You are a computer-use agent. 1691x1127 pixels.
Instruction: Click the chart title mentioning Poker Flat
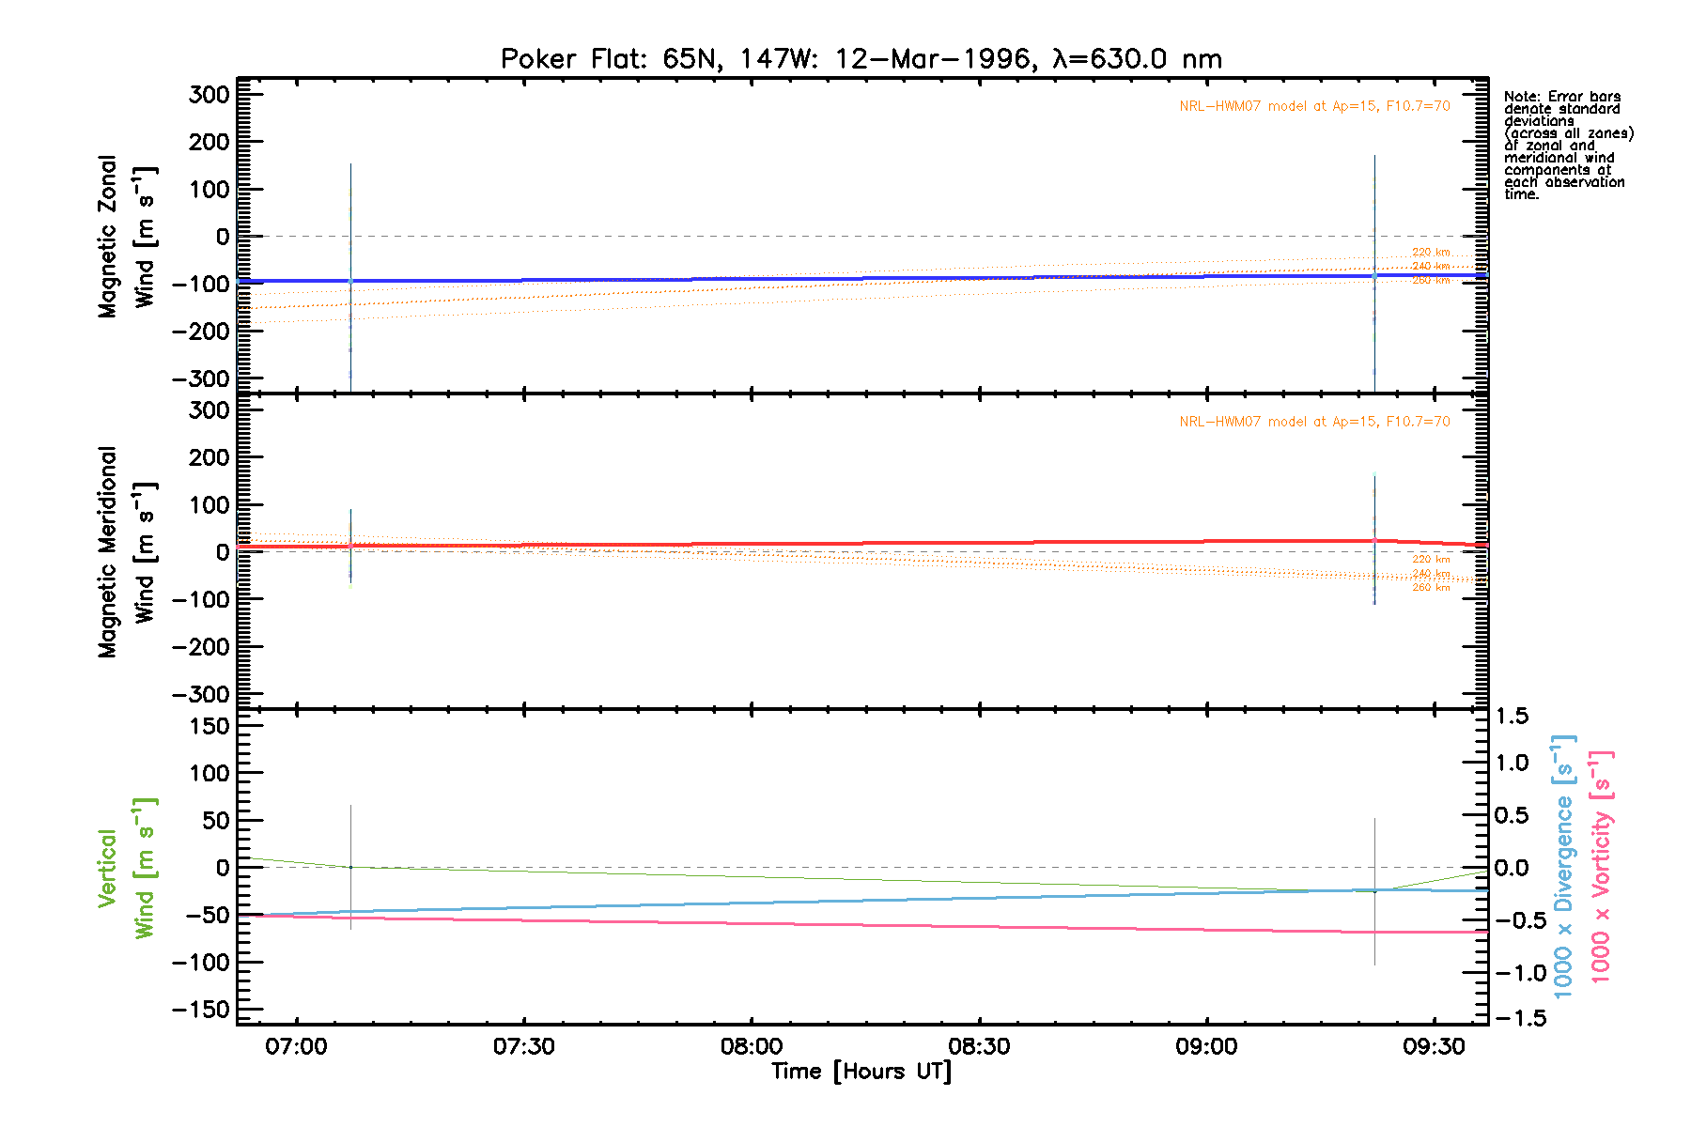click(x=861, y=59)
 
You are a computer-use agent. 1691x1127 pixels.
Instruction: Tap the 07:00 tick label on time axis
click(x=296, y=1046)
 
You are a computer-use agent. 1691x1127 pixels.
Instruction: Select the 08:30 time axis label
click(x=979, y=1046)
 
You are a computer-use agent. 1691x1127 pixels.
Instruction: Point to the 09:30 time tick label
click(x=1434, y=1046)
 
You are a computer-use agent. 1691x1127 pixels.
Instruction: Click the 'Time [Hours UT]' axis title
click(x=861, y=1072)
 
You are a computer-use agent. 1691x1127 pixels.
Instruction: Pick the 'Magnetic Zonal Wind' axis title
click(x=126, y=237)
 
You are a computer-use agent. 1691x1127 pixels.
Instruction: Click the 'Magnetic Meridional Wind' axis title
click(x=126, y=551)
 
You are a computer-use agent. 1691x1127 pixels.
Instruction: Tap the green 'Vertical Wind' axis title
click(x=126, y=868)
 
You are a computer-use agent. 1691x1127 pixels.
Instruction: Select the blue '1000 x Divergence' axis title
click(x=1564, y=867)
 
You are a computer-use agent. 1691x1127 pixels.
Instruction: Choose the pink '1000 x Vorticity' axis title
click(x=1601, y=867)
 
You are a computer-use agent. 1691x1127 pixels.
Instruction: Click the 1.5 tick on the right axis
click(x=1512, y=717)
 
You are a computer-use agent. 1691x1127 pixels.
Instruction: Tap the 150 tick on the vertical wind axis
click(x=203, y=726)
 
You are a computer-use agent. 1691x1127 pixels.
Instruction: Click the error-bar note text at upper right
click(x=1567, y=146)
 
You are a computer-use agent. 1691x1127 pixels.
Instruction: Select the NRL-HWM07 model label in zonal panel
click(x=1314, y=106)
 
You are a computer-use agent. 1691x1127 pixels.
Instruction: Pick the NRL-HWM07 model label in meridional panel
click(x=1314, y=422)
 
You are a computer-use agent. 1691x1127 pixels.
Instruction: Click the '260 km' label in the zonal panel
click(x=1431, y=281)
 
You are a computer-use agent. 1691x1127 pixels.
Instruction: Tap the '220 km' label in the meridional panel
click(x=1431, y=560)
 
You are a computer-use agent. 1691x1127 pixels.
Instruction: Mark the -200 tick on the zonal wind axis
click(x=200, y=332)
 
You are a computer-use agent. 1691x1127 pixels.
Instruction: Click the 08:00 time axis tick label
click(x=751, y=1046)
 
